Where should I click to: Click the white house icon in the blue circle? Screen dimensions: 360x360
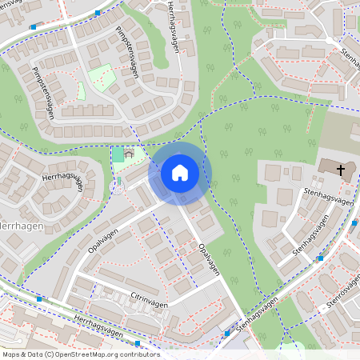[180, 173]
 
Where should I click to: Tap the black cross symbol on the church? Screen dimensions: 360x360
[342, 169]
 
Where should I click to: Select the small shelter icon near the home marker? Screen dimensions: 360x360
[129, 154]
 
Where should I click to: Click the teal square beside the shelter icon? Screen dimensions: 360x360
[118, 154]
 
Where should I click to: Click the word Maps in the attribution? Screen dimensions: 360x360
[11, 354]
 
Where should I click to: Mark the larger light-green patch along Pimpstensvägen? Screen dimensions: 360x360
[101, 78]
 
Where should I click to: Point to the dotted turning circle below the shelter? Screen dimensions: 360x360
[118, 188]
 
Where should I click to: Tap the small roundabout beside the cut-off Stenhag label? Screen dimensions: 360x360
[329, 40]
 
